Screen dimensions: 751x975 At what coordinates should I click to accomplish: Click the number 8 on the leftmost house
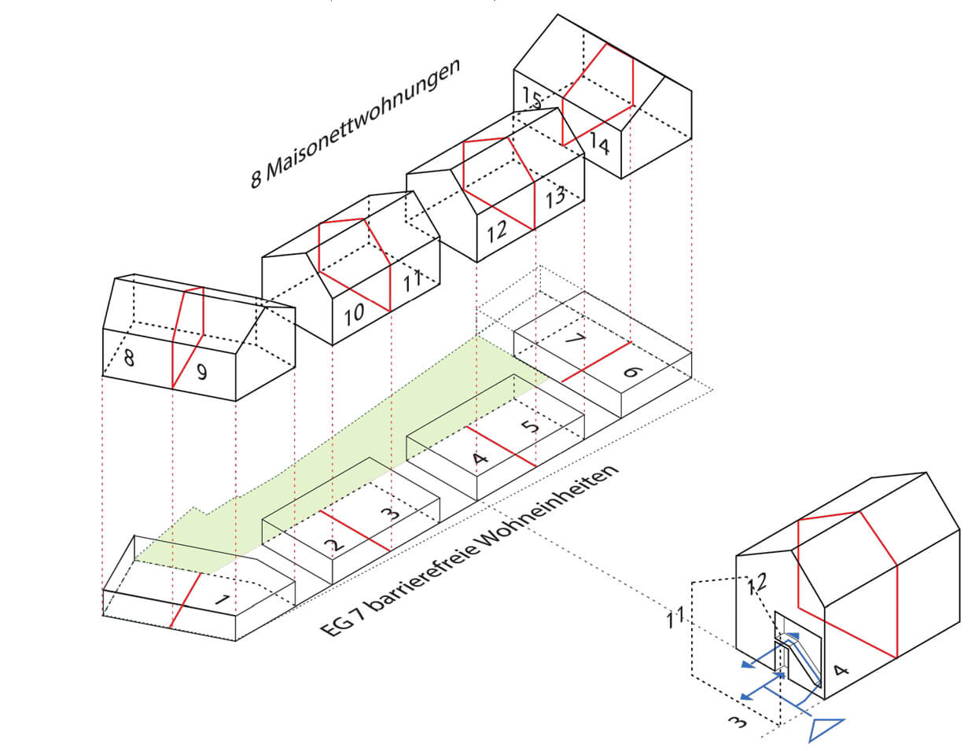[129, 359]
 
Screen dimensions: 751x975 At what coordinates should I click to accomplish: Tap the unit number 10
[354, 312]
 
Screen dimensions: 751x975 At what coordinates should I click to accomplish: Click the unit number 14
[599, 144]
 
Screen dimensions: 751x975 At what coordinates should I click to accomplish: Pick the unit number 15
[532, 99]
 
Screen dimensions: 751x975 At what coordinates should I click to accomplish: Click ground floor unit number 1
[223, 602]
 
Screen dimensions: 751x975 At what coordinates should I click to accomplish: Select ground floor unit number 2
[335, 543]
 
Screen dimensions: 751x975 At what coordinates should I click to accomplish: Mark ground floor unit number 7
[575, 341]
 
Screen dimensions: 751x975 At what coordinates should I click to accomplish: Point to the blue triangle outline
[826, 728]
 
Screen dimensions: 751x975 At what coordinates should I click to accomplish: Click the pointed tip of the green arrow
[135, 560]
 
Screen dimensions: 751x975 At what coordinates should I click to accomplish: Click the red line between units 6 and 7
[596, 362]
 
